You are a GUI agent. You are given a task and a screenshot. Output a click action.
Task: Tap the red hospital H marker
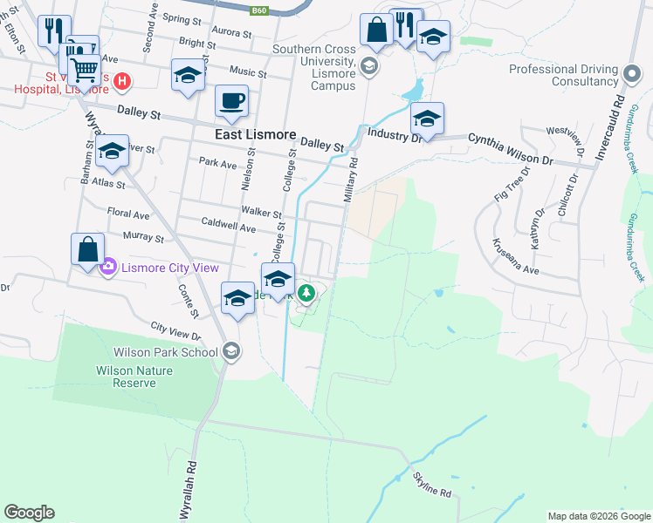click(x=123, y=82)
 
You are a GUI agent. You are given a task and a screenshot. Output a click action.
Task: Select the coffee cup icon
click(x=231, y=100)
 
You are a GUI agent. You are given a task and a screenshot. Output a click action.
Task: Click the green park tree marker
click(x=306, y=293)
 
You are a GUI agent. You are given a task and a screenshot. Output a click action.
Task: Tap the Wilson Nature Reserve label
click(x=134, y=377)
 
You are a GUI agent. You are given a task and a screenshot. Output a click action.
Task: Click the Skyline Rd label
click(x=433, y=492)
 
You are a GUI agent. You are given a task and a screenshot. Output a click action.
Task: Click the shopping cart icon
click(x=84, y=67)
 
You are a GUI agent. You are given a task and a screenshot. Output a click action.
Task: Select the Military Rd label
click(x=352, y=180)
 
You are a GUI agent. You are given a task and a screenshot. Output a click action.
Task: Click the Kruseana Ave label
click(x=516, y=255)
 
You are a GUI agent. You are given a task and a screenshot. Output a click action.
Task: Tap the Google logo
click(x=30, y=513)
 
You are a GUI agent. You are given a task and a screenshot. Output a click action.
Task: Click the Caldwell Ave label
click(x=229, y=228)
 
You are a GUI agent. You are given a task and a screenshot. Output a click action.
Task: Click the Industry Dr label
click(x=395, y=134)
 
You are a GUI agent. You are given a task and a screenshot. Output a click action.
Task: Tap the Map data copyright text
click(x=599, y=516)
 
